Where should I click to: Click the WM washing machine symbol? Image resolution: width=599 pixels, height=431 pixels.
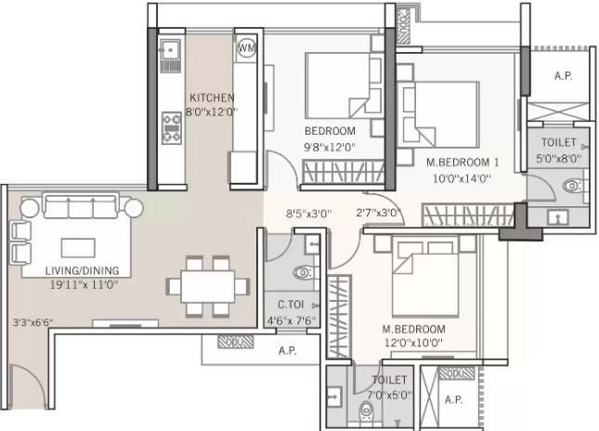click(x=246, y=47)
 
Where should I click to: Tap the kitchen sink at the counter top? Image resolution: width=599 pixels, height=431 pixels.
click(x=170, y=49)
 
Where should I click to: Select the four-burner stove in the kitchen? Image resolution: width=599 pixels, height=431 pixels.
click(x=172, y=128)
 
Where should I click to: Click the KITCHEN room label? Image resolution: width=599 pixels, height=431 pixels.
click(x=212, y=98)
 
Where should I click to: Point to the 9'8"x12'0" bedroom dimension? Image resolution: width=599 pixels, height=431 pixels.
click(x=330, y=147)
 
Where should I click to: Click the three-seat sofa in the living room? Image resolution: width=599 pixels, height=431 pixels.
click(x=81, y=206)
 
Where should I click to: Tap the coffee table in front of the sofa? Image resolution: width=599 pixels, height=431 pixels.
click(x=78, y=248)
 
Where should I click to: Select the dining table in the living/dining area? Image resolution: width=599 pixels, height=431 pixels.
click(x=208, y=287)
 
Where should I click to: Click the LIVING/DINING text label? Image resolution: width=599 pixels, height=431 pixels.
click(x=82, y=271)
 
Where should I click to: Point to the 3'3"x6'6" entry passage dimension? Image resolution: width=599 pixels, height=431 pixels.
click(x=33, y=323)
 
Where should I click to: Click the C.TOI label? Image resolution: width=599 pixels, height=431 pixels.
click(x=291, y=305)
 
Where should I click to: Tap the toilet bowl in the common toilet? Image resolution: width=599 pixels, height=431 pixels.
click(x=304, y=273)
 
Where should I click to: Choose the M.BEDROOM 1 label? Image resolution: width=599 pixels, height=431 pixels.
click(x=462, y=163)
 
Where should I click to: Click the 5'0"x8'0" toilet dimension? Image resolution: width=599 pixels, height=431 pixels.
click(x=558, y=158)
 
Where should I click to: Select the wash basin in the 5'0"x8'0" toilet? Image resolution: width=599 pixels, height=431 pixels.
click(x=558, y=217)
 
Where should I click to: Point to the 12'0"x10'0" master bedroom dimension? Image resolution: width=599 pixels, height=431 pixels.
click(x=413, y=343)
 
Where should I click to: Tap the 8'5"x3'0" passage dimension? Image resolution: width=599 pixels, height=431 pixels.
click(x=309, y=214)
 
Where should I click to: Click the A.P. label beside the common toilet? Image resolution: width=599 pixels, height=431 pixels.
click(x=288, y=350)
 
